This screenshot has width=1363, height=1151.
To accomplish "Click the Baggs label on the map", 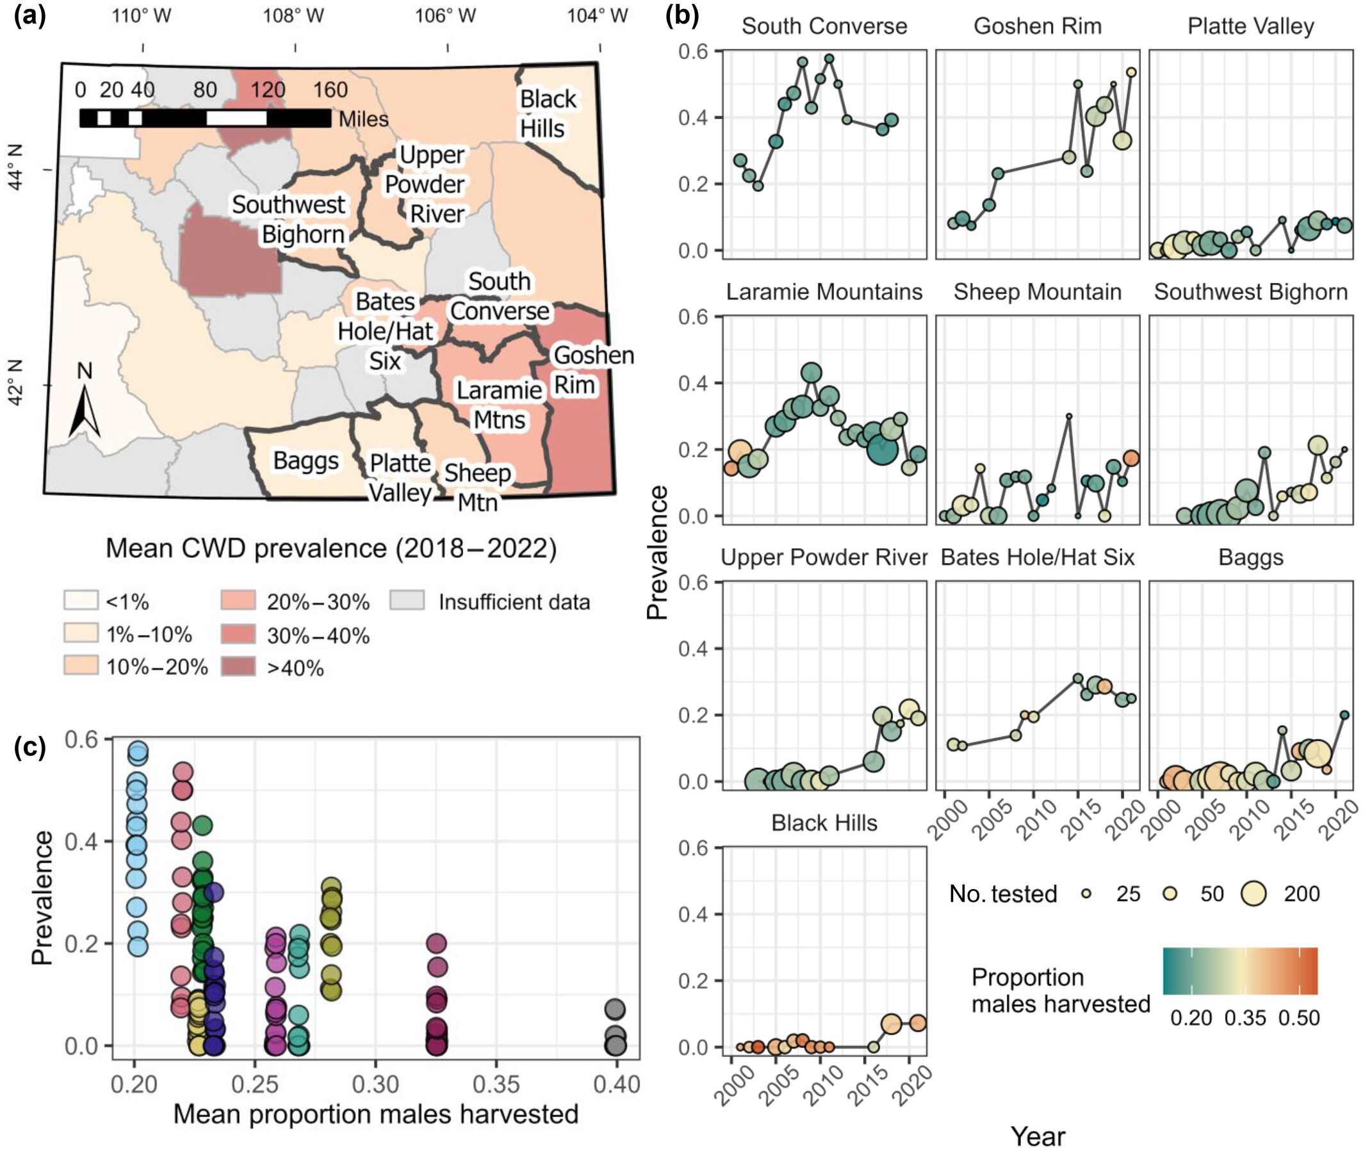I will coord(306,461).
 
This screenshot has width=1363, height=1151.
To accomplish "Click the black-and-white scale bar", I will coord(205,118).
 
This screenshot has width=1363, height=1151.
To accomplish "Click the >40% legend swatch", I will coord(238,666).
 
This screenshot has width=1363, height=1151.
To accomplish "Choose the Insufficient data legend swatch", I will coord(407,600).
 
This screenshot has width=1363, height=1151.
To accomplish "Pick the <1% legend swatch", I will coord(80,600).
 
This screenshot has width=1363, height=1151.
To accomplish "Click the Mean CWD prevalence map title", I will coord(331,548).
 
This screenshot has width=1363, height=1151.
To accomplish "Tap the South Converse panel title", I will coord(824,26).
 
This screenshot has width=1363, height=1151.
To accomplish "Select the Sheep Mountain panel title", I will coord(1037,291).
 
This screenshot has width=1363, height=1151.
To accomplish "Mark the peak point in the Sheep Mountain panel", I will coord(1069,416).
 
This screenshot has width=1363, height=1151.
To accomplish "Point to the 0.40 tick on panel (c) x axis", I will coord(616,1084).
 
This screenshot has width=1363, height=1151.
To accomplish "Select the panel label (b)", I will coord(681,14).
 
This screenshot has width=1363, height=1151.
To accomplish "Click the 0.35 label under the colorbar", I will coord(1245,1018).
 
